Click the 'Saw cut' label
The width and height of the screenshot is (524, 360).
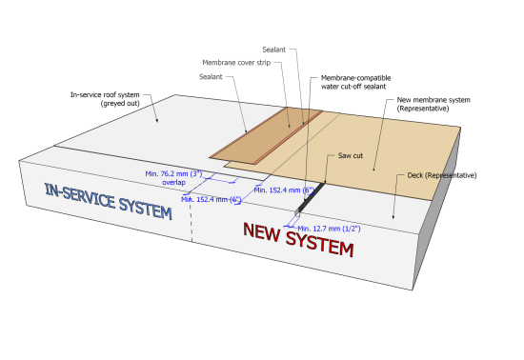tap(351, 155)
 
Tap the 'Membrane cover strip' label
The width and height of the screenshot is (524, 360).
tap(236, 63)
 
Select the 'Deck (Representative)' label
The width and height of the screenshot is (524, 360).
tap(442, 175)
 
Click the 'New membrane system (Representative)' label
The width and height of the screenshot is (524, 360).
tap(433, 104)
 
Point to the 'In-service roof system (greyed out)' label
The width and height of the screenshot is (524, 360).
tap(105, 99)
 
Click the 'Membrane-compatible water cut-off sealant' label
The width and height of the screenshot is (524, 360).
tap(355, 82)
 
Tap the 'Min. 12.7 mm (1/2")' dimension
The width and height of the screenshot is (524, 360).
tap(329, 229)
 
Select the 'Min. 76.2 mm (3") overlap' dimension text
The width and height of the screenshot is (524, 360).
tap(173, 178)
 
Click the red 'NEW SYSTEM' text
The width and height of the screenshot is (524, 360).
tap(298, 239)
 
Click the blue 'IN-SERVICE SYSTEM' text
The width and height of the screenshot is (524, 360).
tap(109, 201)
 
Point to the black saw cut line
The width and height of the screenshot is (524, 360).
tap(312, 197)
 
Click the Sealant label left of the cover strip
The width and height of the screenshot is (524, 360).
tap(211, 77)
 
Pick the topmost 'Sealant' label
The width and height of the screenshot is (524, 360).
tap(274, 50)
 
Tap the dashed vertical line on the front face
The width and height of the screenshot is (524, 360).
tap(191, 221)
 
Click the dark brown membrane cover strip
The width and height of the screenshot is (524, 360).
tap(266, 136)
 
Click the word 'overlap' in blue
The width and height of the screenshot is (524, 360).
tap(173, 182)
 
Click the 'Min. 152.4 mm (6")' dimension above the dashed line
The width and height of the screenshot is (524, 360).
tap(212, 200)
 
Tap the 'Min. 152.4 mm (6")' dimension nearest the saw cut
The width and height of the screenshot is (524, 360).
tap(284, 190)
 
